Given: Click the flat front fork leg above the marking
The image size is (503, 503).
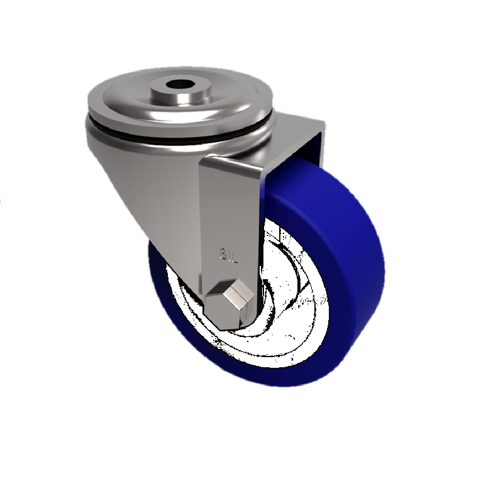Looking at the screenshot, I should coord(229,207).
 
